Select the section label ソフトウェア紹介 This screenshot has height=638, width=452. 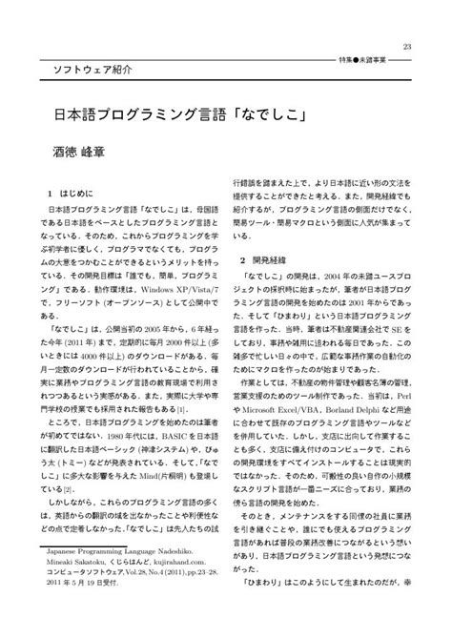point(83,71)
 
